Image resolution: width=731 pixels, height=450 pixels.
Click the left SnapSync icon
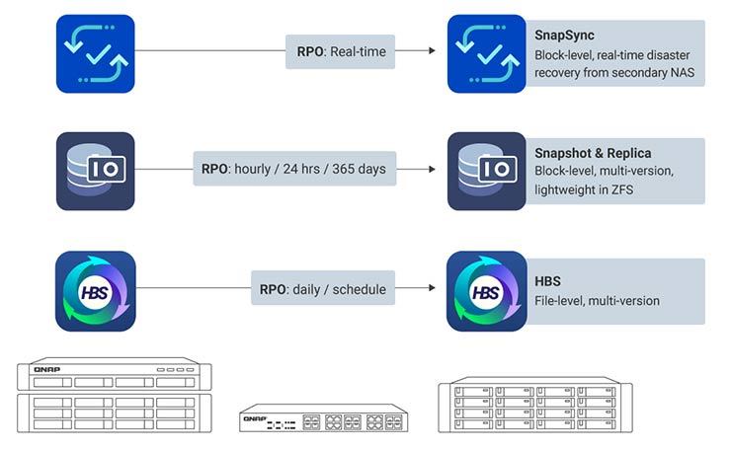95,53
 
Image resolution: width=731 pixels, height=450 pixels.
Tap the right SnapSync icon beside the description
486,53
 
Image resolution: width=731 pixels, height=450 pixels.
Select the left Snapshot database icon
95,171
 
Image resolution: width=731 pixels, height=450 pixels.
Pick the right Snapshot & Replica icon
486,171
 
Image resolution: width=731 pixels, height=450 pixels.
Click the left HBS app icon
95,290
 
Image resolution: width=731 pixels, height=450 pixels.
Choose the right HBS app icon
486,290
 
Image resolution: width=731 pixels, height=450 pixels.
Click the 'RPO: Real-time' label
342,51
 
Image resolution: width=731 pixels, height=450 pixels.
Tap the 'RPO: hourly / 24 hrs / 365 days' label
293,169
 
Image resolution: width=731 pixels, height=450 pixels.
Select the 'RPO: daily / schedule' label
322,289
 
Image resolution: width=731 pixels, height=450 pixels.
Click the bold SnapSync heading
564,36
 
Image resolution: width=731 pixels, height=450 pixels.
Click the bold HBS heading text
548,281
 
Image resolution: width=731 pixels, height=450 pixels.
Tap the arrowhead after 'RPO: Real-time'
431,51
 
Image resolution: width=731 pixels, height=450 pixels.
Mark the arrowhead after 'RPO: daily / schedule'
431,289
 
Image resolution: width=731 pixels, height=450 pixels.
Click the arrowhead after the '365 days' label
431,169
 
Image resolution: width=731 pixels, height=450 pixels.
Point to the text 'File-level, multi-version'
597,300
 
